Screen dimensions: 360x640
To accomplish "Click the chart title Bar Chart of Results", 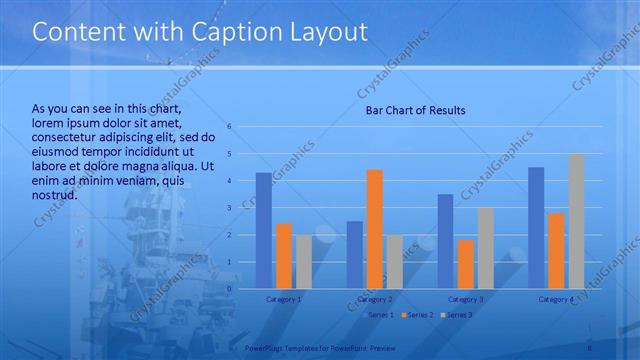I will [x=415, y=110].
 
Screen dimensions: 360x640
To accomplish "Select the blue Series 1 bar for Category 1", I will [x=264, y=231].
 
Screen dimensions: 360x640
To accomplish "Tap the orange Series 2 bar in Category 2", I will [x=375, y=229].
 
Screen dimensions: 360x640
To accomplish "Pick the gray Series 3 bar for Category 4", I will [x=577, y=221].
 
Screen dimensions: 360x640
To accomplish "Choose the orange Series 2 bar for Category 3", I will [x=466, y=264].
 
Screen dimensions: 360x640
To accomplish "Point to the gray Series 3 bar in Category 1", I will [x=304, y=262].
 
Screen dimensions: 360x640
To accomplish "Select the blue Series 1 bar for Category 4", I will [x=536, y=228].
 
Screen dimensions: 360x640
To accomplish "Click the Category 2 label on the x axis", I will [x=375, y=299].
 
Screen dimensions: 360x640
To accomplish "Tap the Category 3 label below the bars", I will [x=466, y=299].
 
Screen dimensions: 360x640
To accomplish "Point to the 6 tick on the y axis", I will [x=230, y=127].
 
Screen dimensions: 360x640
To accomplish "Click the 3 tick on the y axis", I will [x=230, y=208].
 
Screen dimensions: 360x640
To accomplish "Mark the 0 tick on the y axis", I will [x=230, y=289].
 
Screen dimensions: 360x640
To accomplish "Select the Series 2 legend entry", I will [x=419, y=315].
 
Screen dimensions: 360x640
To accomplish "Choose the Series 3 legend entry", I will [x=458, y=315].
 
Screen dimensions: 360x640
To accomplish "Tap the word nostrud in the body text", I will [x=54, y=194].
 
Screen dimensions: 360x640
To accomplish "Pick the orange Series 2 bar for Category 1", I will [x=284, y=256].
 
